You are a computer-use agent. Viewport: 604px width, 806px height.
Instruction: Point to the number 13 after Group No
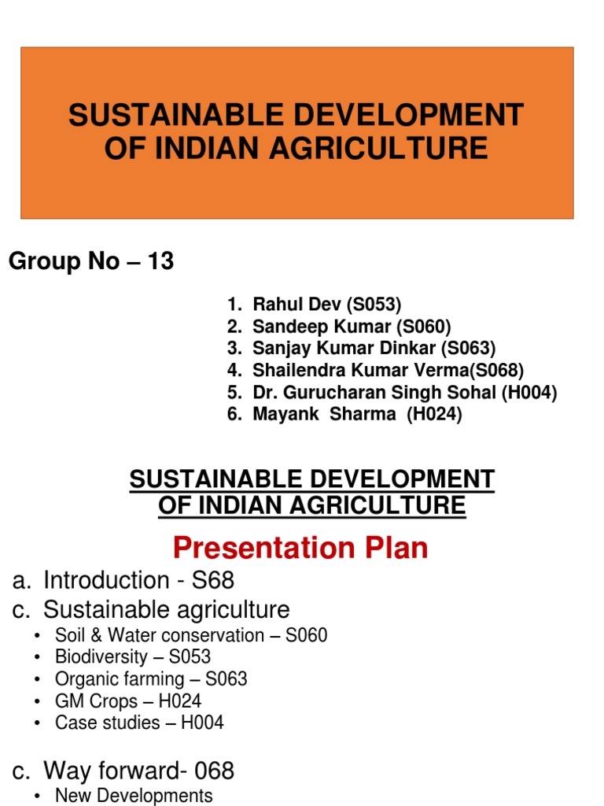(160, 262)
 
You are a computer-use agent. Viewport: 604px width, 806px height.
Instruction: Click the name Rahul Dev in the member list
(292, 305)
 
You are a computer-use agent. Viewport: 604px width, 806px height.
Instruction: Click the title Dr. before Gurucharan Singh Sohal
(264, 393)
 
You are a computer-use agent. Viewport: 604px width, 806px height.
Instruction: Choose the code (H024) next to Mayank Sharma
(434, 415)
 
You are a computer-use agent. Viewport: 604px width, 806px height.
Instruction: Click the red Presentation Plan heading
(301, 548)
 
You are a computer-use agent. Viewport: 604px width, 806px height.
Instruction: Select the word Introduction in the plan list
(106, 581)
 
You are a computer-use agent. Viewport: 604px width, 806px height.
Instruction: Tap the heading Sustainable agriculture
(166, 609)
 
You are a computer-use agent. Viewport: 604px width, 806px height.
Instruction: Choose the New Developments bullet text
(134, 796)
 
